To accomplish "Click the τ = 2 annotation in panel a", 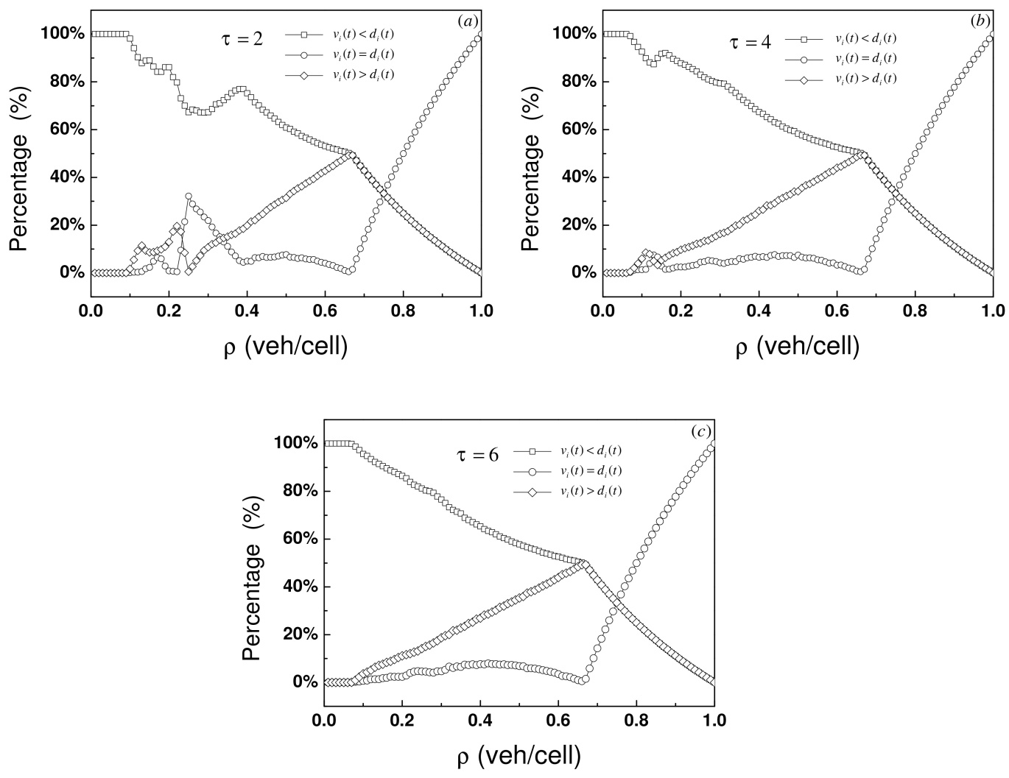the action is point(242,39).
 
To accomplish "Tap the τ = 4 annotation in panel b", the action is point(750,43).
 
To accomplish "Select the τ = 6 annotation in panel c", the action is point(477,455).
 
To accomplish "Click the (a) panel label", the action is point(468,21).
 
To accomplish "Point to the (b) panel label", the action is point(980,21).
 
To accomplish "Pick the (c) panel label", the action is point(700,432).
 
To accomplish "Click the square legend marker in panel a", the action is point(304,35).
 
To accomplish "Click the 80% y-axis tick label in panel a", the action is point(63,82).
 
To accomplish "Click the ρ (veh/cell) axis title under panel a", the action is point(286,347).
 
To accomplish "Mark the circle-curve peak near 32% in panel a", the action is point(188,197).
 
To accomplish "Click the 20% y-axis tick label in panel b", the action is point(574,225).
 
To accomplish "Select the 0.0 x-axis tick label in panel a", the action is point(91,311).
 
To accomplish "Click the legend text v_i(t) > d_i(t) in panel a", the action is point(363,74).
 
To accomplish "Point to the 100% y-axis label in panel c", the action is point(296,443).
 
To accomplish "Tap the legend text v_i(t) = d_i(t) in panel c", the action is point(591,471).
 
